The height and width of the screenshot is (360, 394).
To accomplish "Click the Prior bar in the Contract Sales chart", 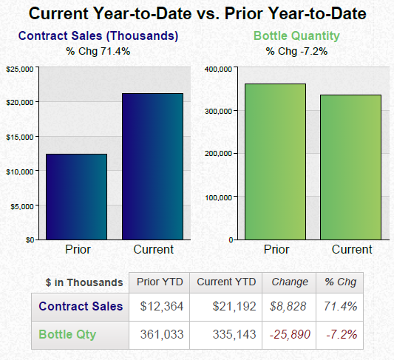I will pyautogui.click(x=77, y=197).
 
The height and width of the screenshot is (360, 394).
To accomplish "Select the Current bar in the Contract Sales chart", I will pyautogui.click(x=153, y=166).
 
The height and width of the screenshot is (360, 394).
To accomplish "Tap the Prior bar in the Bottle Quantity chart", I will pyautogui.click(x=275, y=161).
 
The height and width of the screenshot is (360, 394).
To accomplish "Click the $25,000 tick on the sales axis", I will pyautogui.click(x=20, y=69).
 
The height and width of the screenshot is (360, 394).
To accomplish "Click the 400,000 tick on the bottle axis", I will pyautogui.click(x=220, y=69).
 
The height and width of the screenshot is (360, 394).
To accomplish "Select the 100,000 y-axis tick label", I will pyautogui.click(x=220, y=197).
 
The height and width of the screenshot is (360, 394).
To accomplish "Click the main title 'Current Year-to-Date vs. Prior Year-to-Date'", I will pyautogui.click(x=197, y=13).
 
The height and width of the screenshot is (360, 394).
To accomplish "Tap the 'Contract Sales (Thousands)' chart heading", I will pyautogui.click(x=98, y=36).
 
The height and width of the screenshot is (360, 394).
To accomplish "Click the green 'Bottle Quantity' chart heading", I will pyautogui.click(x=296, y=36).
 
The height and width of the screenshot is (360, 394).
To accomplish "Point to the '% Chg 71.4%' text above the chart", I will pyautogui.click(x=98, y=51).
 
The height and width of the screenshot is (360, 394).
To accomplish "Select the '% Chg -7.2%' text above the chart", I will pyautogui.click(x=296, y=51).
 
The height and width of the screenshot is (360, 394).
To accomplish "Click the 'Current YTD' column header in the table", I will pyautogui.click(x=226, y=282).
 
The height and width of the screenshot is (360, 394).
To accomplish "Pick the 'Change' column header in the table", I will pyautogui.click(x=290, y=282).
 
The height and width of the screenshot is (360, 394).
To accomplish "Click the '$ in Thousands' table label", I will pyautogui.click(x=84, y=282).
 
